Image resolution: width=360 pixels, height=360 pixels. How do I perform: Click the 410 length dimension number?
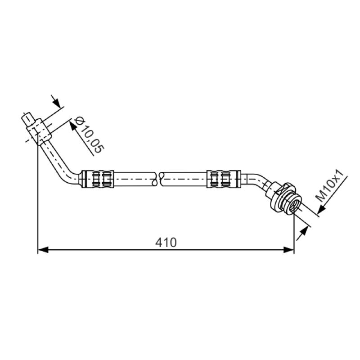click(166, 243)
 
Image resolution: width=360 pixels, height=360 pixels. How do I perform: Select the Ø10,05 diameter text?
click(90, 135)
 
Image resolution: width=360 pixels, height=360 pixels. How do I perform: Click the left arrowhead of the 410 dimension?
click(43, 250)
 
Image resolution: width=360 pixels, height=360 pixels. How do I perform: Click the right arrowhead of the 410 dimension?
click(288, 250)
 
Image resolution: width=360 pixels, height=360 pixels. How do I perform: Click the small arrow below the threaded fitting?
click(302, 233)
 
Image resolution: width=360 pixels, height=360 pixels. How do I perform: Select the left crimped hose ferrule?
click(97, 179)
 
